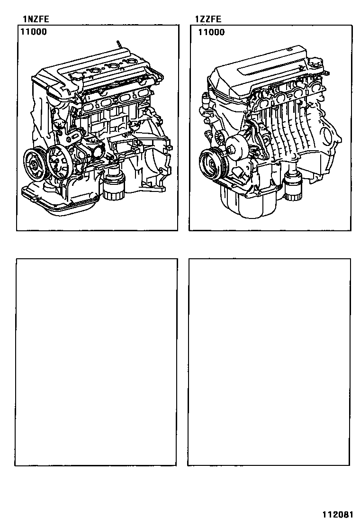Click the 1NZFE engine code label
36,19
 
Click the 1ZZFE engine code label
208,19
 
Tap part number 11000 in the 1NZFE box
34,32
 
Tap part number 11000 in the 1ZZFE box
211,32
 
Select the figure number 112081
338,515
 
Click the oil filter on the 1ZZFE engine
293,187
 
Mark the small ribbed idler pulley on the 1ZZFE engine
221,136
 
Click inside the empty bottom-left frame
96,362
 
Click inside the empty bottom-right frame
269,362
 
